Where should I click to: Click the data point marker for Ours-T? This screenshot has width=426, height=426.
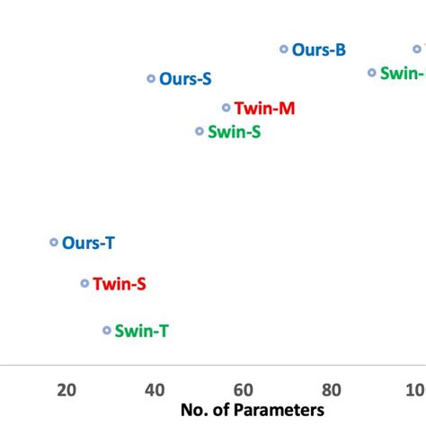(54, 243)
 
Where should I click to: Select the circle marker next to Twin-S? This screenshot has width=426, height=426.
(84, 283)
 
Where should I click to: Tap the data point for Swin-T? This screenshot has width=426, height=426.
(107, 331)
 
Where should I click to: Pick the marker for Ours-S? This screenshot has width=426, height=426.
(151, 79)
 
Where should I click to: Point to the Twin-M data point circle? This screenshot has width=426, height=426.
(226, 108)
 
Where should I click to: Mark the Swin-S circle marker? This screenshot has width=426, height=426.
(200, 131)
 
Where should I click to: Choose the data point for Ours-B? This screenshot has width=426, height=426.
(284, 50)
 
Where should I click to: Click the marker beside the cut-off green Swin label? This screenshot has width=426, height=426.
(372, 73)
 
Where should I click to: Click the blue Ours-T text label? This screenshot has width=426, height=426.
(88, 244)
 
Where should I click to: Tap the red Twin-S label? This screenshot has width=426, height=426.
(120, 284)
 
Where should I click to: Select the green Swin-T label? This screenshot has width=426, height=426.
(142, 332)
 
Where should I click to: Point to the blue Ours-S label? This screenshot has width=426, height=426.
(186, 79)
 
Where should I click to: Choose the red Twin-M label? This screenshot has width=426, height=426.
(264, 109)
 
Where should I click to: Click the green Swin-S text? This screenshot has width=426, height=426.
(235, 132)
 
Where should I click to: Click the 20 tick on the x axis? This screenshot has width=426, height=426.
(66, 389)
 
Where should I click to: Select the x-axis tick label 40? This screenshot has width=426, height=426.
(155, 389)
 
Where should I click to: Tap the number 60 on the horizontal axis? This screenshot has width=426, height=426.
(243, 389)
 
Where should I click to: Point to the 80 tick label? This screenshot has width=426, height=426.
(332, 389)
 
